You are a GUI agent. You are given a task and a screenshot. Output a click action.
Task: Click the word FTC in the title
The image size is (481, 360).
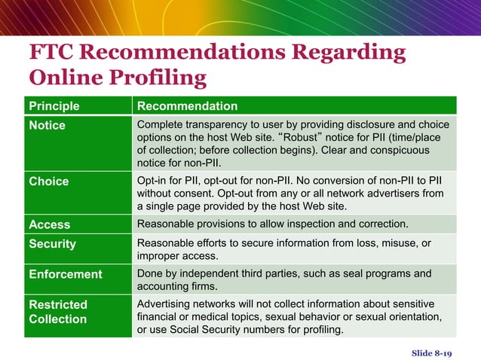[53, 53]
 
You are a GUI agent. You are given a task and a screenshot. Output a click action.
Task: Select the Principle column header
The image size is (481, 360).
[54, 106]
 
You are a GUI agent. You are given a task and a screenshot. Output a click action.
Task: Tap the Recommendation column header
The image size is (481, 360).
[187, 106]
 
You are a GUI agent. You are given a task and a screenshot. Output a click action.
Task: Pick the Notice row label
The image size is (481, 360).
[47, 125]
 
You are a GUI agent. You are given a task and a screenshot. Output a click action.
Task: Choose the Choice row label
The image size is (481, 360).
[48, 182]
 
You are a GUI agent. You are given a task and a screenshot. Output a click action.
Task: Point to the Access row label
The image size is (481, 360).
[49, 224]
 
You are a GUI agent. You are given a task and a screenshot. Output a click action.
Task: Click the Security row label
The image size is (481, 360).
[53, 245]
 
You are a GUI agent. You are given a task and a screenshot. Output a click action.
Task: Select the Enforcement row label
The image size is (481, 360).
[65, 274]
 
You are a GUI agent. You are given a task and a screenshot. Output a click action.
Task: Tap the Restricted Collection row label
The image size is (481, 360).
[58, 312]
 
